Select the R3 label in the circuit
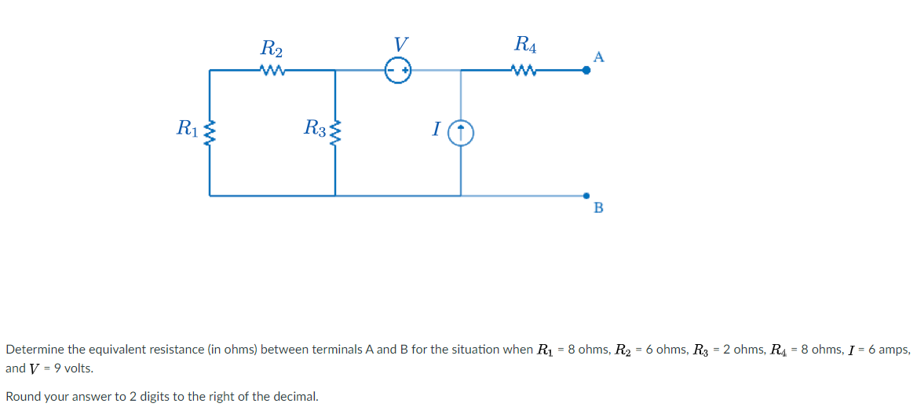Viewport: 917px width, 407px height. pos(316,126)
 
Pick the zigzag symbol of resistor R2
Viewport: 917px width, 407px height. pos(272,71)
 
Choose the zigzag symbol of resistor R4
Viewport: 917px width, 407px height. pos(524,71)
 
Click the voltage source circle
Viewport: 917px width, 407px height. pos(398,71)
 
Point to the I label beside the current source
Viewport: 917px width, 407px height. pos(436,129)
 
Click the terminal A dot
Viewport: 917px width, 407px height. pos(586,71)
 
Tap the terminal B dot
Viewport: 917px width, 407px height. pos(586,195)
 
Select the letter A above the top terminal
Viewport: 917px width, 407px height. pos(599,57)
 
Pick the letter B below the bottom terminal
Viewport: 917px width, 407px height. pos(599,208)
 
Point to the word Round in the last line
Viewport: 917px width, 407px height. pos(23,396)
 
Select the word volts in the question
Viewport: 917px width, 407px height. pos(77,368)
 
